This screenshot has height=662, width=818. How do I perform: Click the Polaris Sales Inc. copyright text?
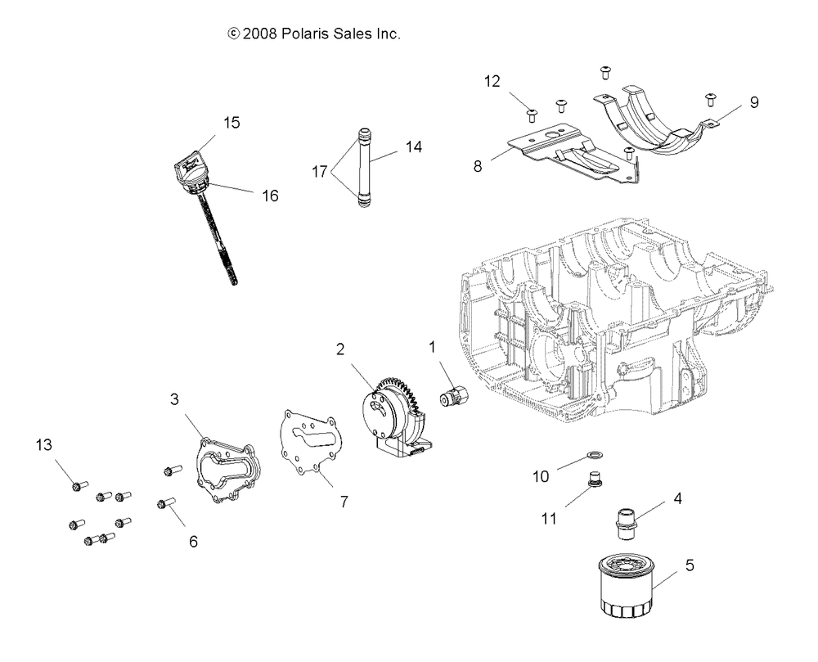click(x=313, y=34)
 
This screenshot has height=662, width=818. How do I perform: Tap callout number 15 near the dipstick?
click(x=231, y=123)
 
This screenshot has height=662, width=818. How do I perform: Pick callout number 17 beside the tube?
click(x=319, y=173)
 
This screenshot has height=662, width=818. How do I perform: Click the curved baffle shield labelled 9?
click(x=654, y=123)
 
